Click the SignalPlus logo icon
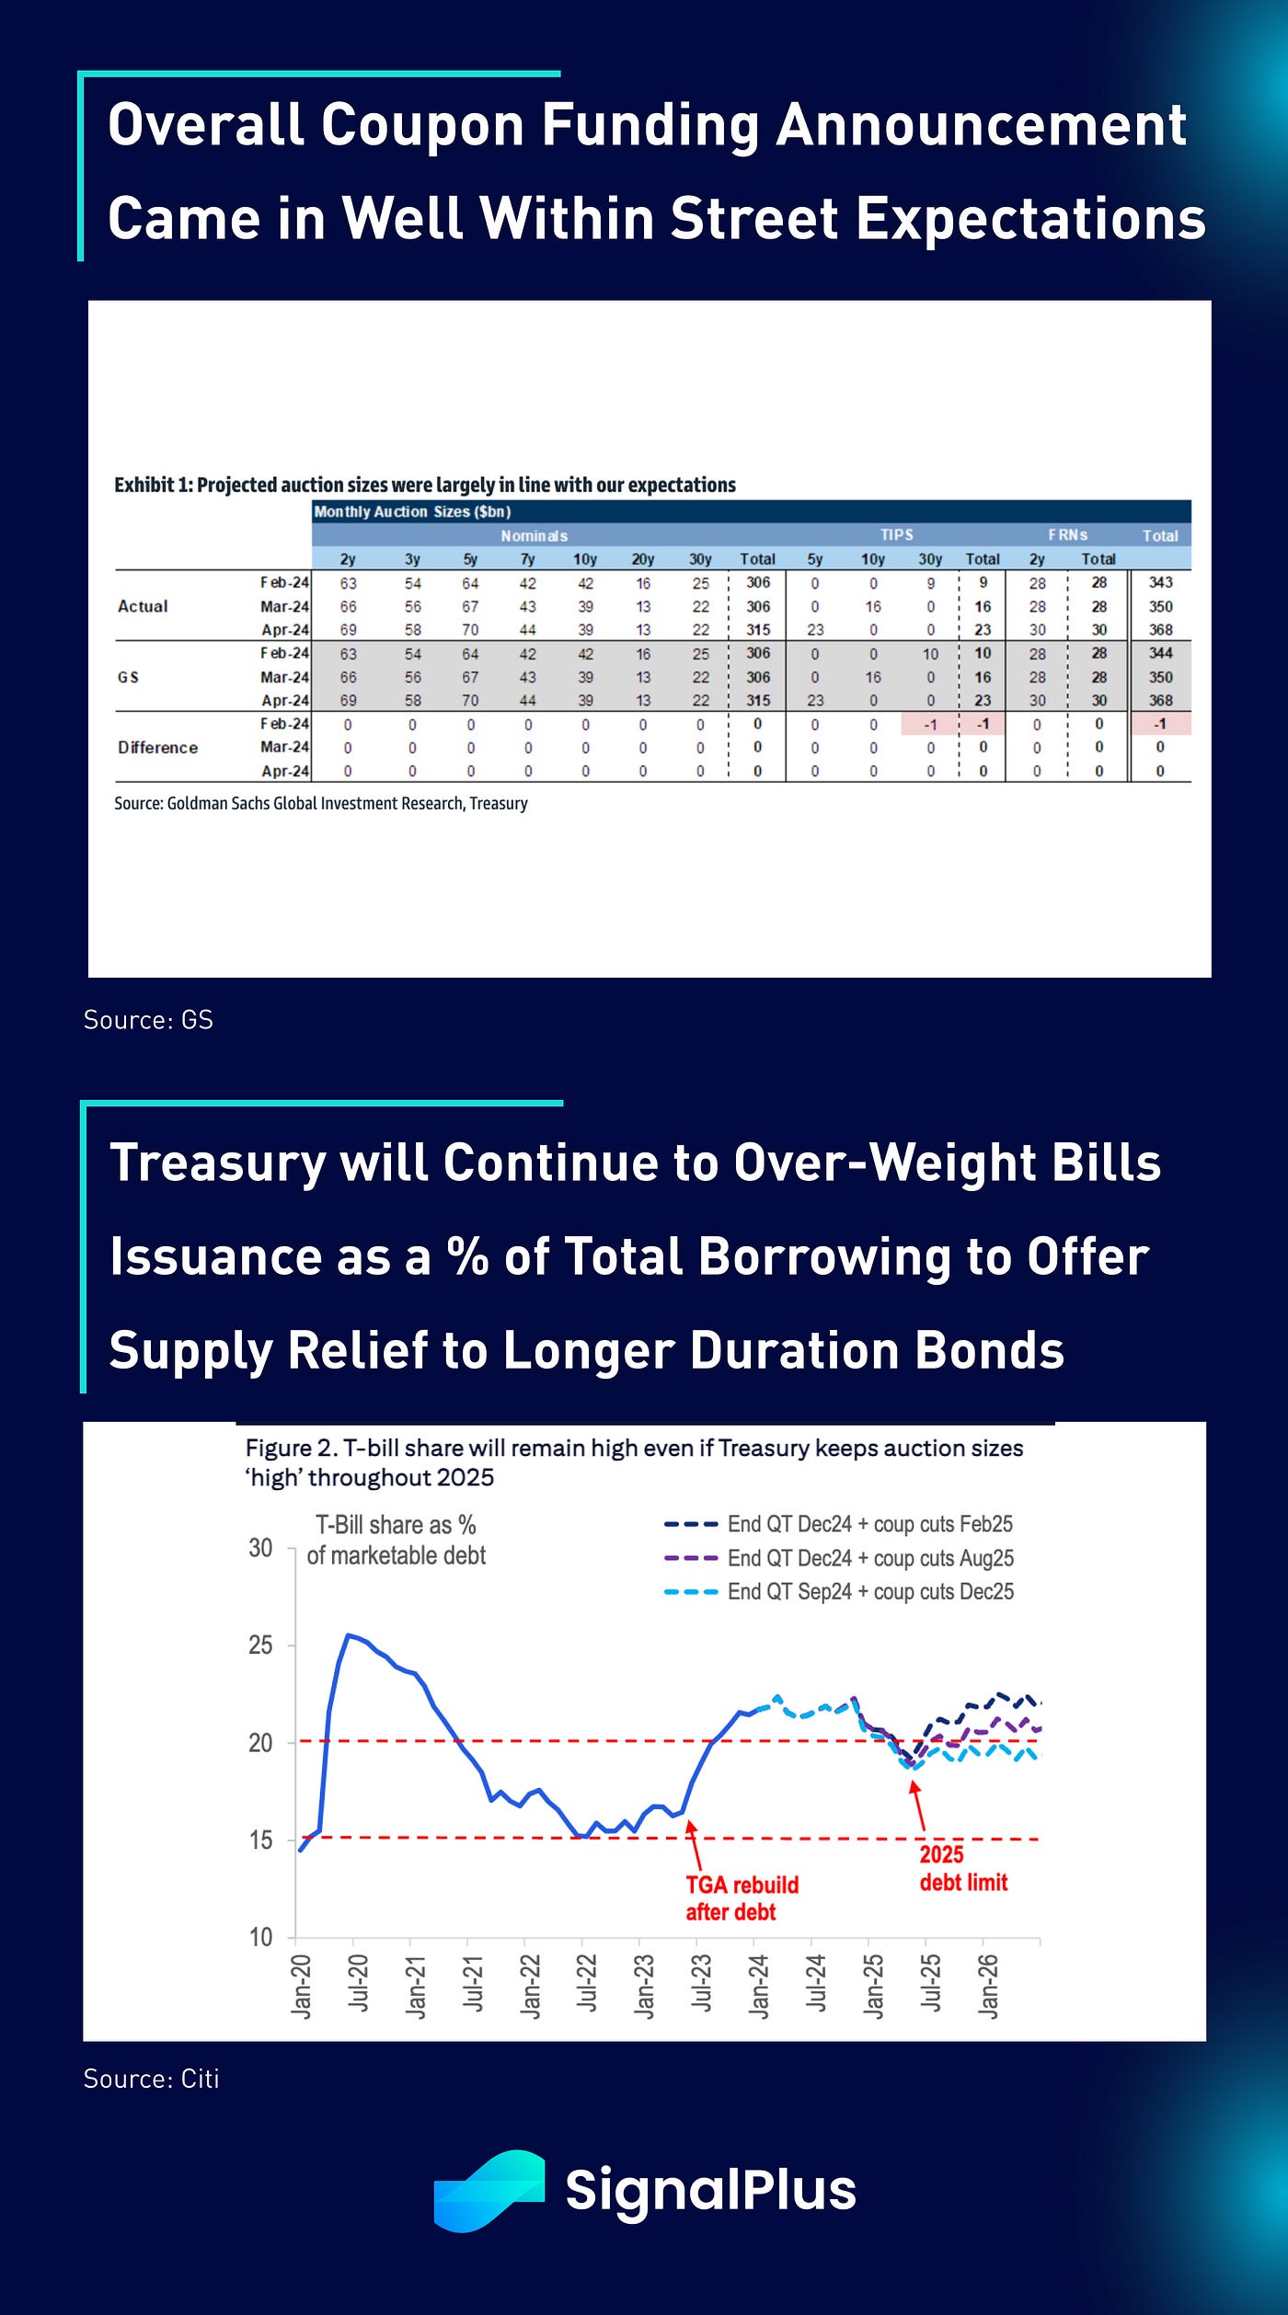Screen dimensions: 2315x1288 pyautogui.click(x=489, y=2190)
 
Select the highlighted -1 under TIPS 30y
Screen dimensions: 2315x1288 pyautogui.click(x=930, y=724)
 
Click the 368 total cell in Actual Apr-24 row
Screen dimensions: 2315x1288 pyautogui.click(x=1160, y=630)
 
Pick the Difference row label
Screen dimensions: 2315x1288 pyautogui.click(x=157, y=748)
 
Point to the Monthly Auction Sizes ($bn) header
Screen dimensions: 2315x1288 pyautogui.click(x=412, y=511)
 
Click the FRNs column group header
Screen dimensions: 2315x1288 pyautogui.click(x=1067, y=535)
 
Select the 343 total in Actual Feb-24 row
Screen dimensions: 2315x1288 pyautogui.click(x=1160, y=582)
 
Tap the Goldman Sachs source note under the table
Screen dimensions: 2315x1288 pyautogui.click(x=320, y=803)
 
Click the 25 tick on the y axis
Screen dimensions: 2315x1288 pyautogui.click(x=260, y=1645)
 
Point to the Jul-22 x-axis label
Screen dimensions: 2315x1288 pyautogui.click(x=586, y=1985)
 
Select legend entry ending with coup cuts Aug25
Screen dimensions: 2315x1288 pyautogui.click(x=869, y=1558)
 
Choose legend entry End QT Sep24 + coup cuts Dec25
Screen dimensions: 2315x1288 pyautogui.click(x=869, y=1591)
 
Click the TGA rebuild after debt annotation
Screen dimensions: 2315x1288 pyautogui.click(x=741, y=1898)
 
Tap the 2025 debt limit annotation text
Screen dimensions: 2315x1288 pyautogui.click(x=962, y=1868)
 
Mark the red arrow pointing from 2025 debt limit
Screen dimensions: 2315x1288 pyautogui.click(x=917, y=1805)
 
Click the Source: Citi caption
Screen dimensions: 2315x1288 pyautogui.click(x=151, y=2079)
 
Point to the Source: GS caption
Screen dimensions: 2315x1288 pyautogui.click(x=148, y=1020)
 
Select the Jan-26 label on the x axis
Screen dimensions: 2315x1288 pyautogui.click(x=987, y=1985)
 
